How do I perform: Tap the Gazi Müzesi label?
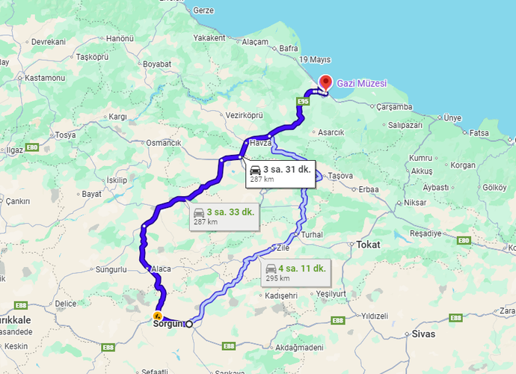[x=362, y=84]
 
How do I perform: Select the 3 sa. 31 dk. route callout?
[x=280, y=174]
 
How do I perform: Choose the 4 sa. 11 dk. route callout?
[x=295, y=272]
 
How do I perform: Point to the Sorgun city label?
[x=168, y=324]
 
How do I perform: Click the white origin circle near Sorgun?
[x=189, y=324]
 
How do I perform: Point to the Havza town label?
[x=259, y=142]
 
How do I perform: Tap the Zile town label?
[x=283, y=246]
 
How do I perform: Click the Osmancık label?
[x=164, y=142]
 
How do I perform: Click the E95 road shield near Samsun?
[x=303, y=100]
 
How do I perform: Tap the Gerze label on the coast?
[x=203, y=11]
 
